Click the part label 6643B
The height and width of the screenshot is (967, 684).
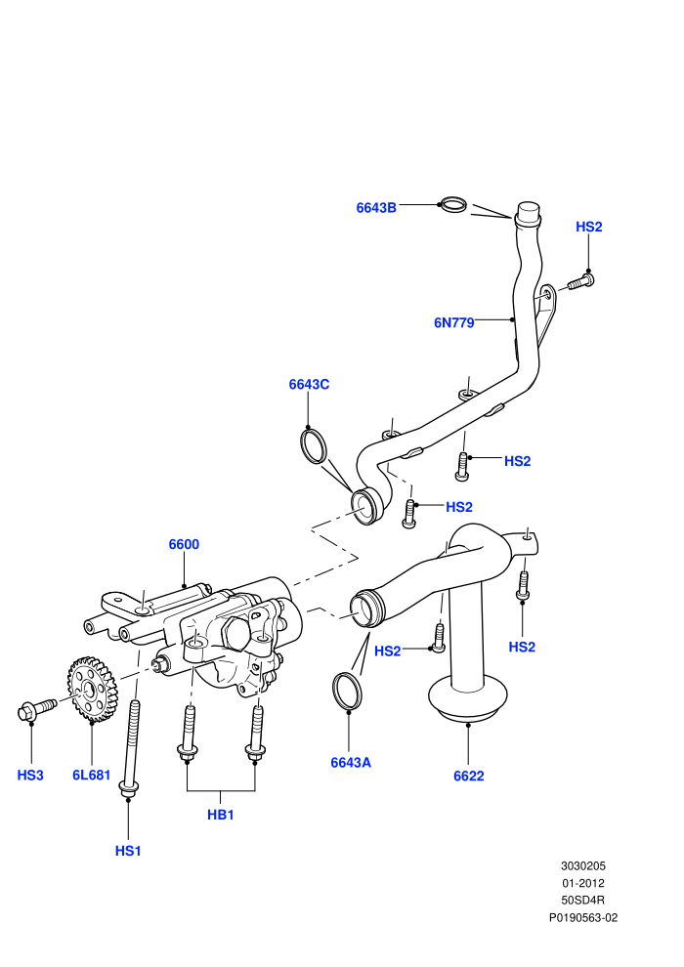pyautogui.click(x=375, y=208)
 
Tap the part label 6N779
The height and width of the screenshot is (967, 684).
pyautogui.click(x=454, y=322)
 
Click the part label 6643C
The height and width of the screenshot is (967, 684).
pyautogui.click(x=309, y=384)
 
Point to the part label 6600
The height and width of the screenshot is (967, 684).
pyautogui.click(x=184, y=544)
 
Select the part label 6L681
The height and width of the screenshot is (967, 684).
pyautogui.click(x=91, y=776)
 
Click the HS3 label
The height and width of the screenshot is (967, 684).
pyautogui.click(x=30, y=776)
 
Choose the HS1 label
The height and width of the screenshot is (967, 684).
pyautogui.click(x=128, y=851)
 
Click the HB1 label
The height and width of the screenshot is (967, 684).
pyautogui.click(x=220, y=815)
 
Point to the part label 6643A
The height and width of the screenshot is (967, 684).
pyautogui.click(x=351, y=762)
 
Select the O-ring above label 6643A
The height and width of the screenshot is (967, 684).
pyautogui.click(x=336, y=692)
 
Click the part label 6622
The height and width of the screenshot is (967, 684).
pyautogui.click(x=469, y=776)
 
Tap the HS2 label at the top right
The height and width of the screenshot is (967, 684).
pyautogui.click(x=588, y=227)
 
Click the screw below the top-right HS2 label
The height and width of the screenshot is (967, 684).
pyautogui.click(x=579, y=282)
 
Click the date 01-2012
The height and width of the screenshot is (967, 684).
pyautogui.click(x=583, y=883)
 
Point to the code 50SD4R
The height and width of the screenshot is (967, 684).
pyautogui.click(x=583, y=901)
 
